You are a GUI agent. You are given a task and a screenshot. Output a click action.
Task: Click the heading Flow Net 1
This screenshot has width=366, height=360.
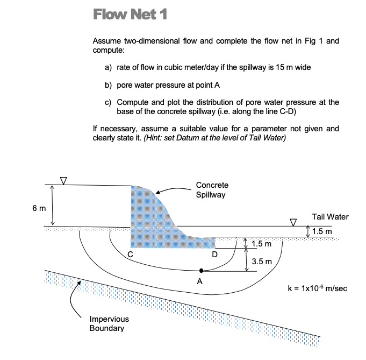[x=130, y=15]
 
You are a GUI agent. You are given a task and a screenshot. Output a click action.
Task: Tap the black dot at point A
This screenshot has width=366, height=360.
[x=202, y=271]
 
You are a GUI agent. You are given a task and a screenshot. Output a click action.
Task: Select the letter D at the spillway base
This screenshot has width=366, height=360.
[x=215, y=253]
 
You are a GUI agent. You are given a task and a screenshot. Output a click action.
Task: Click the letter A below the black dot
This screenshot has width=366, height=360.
[x=200, y=281]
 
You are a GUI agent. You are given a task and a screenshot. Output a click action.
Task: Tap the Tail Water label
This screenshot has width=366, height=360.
[x=330, y=217]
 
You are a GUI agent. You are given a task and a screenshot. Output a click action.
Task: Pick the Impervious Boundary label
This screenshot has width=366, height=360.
[x=109, y=323]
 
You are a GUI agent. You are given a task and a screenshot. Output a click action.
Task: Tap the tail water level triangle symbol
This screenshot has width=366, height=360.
[x=293, y=221]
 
